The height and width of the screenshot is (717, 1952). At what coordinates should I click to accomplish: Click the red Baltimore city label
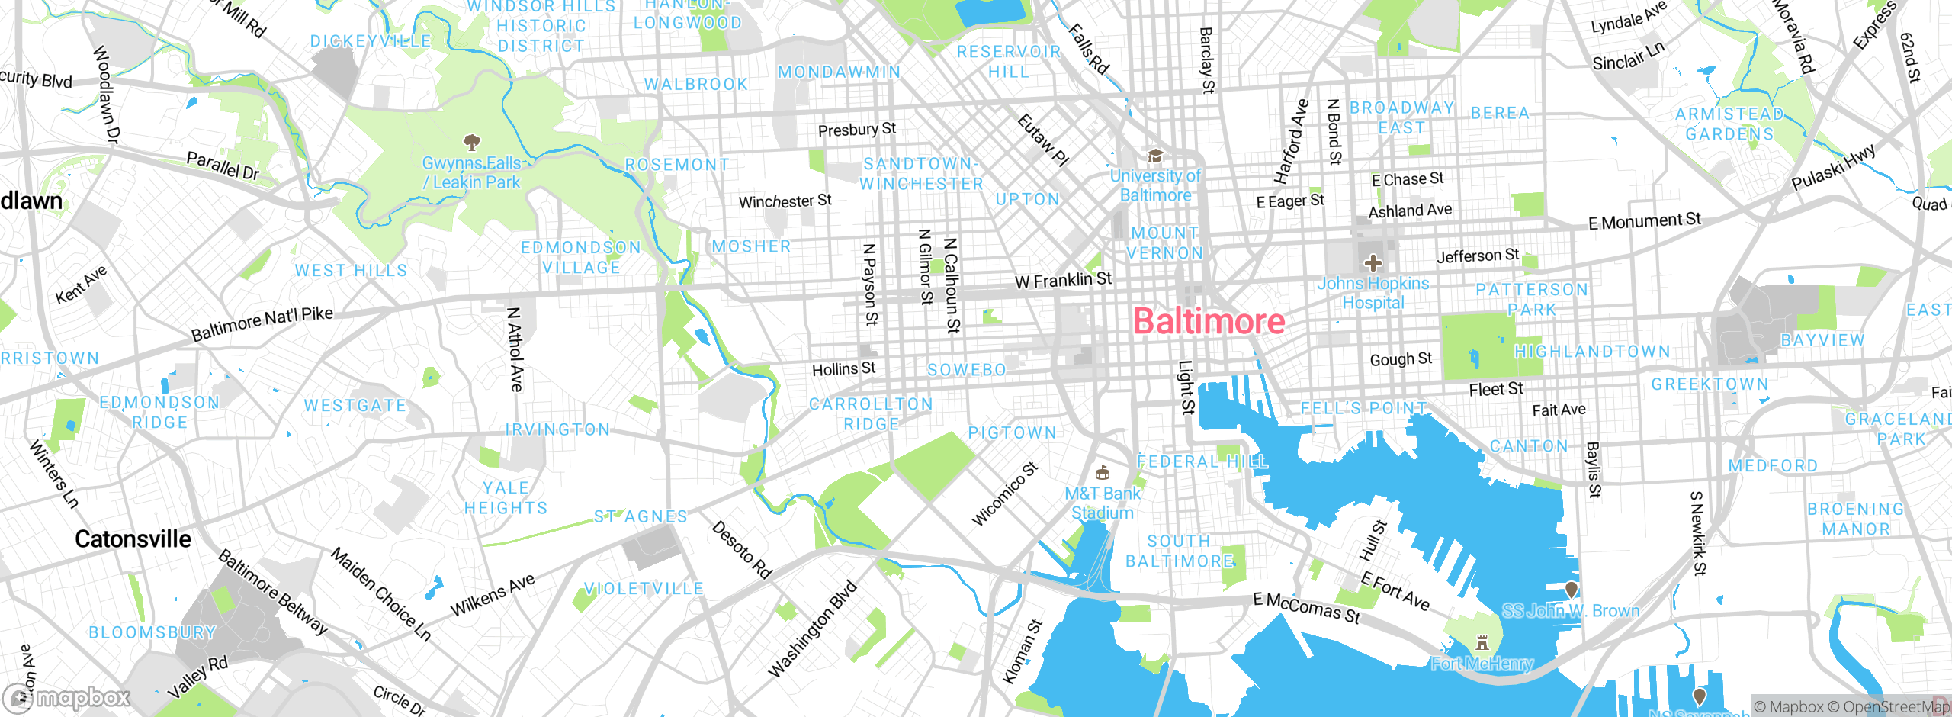click(x=1209, y=321)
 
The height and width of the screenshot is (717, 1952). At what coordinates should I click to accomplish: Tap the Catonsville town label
click(x=133, y=539)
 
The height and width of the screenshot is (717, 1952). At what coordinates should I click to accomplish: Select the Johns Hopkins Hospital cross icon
click(x=1373, y=264)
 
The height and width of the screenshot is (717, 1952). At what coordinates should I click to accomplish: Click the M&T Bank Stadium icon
click(x=1102, y=473)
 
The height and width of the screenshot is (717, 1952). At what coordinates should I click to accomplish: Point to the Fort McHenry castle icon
click(x=1482, y=642)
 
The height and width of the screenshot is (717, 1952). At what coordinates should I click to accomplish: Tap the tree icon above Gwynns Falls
click(x=472, y=142)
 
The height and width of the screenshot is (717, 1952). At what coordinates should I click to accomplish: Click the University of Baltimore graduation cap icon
click(x=1155, y=156)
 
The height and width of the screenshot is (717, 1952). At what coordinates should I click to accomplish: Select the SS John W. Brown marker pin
click(x=1572, y=589)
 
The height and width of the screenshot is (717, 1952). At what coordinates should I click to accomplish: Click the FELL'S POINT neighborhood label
click(x=1363, y=408)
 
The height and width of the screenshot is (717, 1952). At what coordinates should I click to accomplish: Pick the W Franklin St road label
click(x=1063, y=281)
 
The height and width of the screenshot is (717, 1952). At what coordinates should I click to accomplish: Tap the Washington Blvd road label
click(x=812, y=630)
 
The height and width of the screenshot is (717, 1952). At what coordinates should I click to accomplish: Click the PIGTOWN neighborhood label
click(x=1012, y=433)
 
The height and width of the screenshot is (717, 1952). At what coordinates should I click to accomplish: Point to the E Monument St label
click(x=1644, y=221)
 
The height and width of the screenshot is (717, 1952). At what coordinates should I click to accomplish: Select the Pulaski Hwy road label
click(x=1833, y=168)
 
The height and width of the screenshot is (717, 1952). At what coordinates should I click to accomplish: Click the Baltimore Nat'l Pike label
click(x=262, y=323)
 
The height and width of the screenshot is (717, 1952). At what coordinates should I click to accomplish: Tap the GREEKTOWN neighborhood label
click(x=1710, y=384)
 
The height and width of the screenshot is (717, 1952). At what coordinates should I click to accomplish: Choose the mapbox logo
click(x=67, y=697)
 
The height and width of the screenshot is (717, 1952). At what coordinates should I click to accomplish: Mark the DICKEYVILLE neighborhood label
click(x=371, y=41)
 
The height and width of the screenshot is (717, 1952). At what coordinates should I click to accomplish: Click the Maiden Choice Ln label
click(x=380, y=595)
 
